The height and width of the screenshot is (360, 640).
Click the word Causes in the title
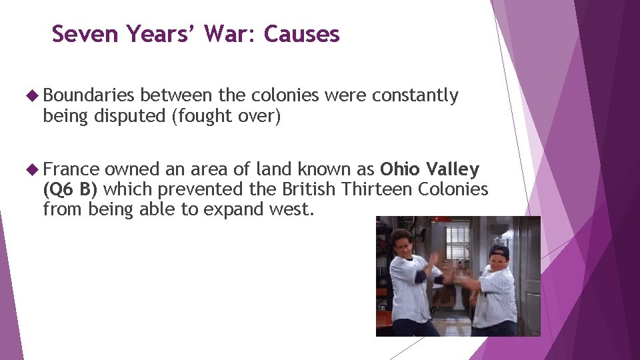[x=301, y=33]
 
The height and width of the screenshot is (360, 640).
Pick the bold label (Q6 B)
[x=70, y=189]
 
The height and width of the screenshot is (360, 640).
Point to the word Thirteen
[x=376, y=189]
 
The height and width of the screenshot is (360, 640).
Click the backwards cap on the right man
[x=499, y=251]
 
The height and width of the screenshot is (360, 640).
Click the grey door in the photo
[x=531, y=273]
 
